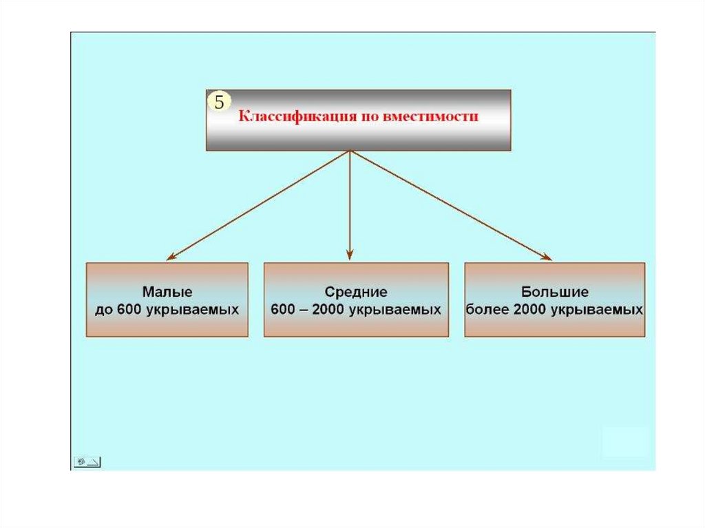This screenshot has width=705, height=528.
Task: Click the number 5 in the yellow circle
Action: [x=219, y=103]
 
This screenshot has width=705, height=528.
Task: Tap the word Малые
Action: [x=167, y=292]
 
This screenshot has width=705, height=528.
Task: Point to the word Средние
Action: [x=356, y=292]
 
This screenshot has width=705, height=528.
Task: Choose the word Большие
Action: [x=555, y=292]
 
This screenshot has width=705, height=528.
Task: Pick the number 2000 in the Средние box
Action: [x=329, y=310]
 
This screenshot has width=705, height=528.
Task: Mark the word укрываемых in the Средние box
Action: [x=394, y=310]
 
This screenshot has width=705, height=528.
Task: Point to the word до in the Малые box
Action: [x=103, y=310]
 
